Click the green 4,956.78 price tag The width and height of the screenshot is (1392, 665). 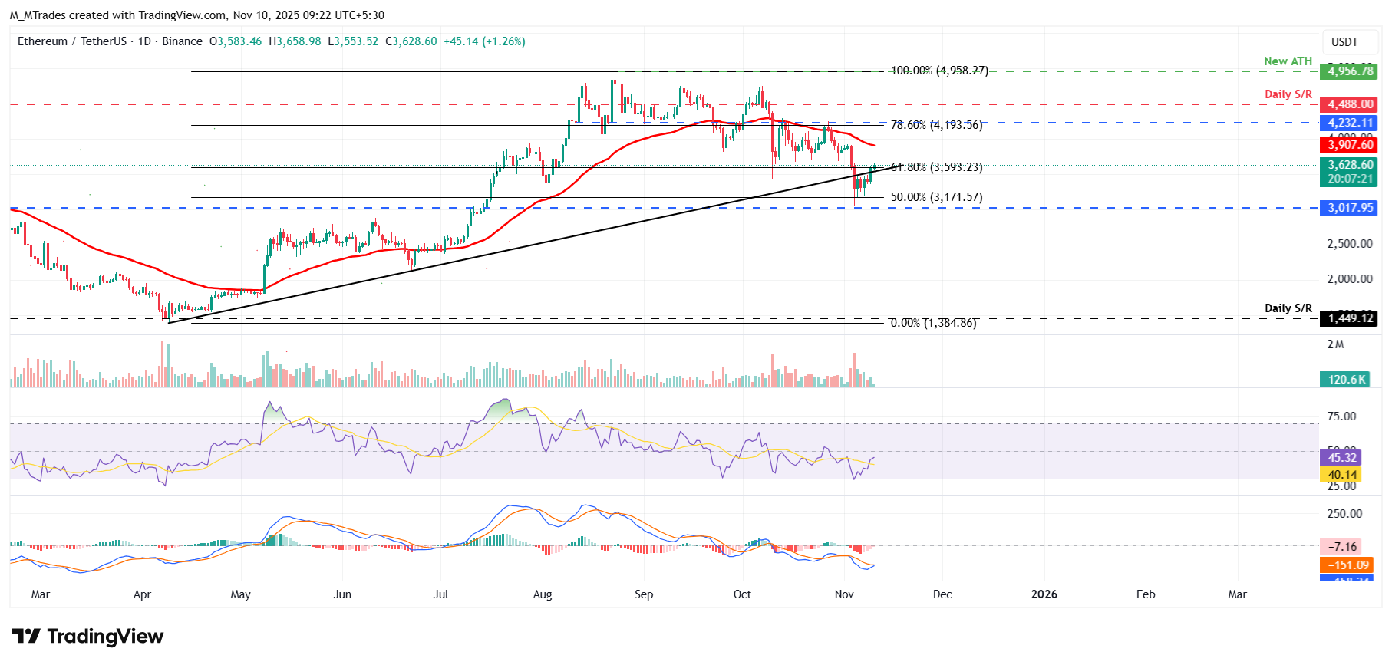1348,71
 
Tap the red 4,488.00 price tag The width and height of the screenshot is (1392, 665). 1348,104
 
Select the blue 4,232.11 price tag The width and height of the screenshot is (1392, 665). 1348,123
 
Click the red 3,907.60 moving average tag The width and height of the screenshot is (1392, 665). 1348,145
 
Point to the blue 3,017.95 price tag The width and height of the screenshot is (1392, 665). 1348,208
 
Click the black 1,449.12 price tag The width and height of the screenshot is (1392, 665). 1348,318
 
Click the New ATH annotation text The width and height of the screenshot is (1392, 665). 1288,61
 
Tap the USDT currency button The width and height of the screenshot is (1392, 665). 1344,42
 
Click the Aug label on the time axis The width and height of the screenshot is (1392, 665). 543,594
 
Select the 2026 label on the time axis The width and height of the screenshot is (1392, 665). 1044,594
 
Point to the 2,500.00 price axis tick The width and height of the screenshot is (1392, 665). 1350,244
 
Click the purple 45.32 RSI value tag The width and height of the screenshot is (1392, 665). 1341,458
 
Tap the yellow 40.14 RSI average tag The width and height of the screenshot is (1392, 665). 1341,476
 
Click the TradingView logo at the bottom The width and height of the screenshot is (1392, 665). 87,637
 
